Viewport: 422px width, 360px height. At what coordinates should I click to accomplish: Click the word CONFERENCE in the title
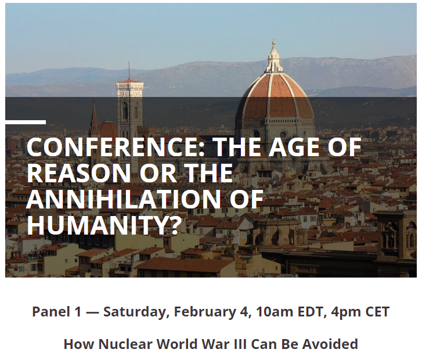click(116, 147)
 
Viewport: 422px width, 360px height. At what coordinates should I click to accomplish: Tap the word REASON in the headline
click(78, 173)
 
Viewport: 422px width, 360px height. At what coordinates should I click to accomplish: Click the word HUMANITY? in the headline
click(103, 225)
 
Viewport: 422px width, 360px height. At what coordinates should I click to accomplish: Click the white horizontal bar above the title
click(26, 123)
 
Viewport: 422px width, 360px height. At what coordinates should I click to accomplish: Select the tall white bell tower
click(129, 113)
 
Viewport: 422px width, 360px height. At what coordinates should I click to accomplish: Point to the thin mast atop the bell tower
click(129, 70)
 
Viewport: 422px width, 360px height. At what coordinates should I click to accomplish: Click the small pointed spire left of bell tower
click(94, 120)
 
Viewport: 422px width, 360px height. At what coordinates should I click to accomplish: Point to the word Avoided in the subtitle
click(330, 344)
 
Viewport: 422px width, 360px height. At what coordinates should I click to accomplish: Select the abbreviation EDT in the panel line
click(311, 312)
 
